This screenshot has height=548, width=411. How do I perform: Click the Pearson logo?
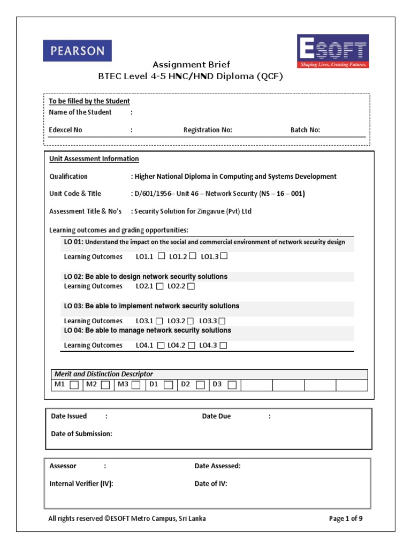pos(78,51)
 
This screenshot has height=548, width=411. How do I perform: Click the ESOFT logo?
pos(333,51)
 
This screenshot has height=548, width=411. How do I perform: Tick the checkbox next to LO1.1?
pos(161,256)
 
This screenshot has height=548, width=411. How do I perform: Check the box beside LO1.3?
pos(224,256)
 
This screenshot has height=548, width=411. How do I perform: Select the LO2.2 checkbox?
pos(191,286)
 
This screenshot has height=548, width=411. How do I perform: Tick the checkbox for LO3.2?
pos(191,321)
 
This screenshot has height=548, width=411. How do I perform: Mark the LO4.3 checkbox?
pos(223,346)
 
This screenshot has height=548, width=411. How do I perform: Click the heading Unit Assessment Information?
pos(94,159)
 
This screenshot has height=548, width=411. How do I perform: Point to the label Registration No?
pos(208,130)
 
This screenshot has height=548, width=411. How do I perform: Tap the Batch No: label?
pos(305,130)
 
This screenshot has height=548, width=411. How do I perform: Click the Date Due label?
pos(216,416)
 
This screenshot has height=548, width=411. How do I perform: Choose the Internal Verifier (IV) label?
pos(81,483)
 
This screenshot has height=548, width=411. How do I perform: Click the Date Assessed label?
pos(217,466)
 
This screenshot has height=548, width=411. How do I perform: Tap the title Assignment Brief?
pos(192,65)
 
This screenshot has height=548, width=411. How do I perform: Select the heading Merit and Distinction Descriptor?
pos(103,374)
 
